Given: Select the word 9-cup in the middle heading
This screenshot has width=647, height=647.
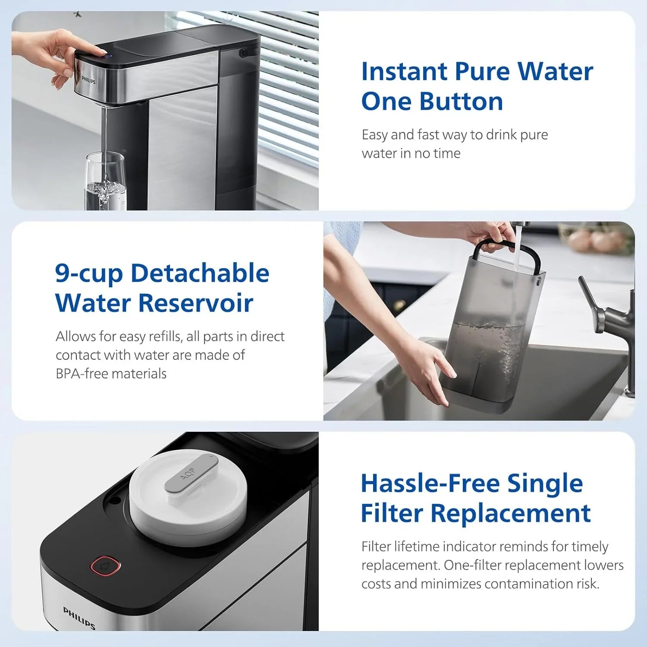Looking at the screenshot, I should (89, 274).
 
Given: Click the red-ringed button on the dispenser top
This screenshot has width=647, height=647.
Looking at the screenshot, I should (105, 565).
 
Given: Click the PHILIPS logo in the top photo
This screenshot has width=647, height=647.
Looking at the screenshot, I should (88, 80).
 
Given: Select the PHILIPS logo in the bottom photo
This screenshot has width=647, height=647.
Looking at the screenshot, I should (79, 617).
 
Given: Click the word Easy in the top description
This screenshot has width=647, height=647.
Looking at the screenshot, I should (375, 135).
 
